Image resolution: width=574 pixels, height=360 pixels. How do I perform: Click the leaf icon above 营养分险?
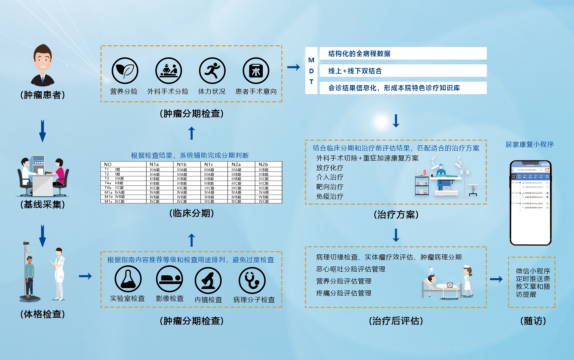click(x=125, y=71)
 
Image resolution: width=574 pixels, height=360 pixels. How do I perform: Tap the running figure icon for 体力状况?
click(x=212, y=71)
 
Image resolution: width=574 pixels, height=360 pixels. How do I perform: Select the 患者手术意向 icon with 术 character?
click(x=256, y=71)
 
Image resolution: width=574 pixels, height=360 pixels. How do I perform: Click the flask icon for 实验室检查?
click(x=128, y=279)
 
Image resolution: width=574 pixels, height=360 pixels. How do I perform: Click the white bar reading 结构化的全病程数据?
click(x=403, y=53)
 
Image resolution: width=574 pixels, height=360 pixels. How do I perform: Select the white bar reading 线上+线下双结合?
click(x=403, y=71)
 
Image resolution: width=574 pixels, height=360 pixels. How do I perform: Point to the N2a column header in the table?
click(x=236, y=164)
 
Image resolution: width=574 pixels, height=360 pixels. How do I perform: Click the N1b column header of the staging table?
click(x=182, y=164)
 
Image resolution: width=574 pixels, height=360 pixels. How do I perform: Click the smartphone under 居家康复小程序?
click(x=531, y=203)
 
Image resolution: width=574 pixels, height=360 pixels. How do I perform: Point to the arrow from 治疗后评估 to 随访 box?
click(x=496, y=279)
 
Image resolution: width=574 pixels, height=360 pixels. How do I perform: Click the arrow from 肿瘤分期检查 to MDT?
click(x=294, y=67)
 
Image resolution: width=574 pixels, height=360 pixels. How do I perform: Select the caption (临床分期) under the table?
click(x=191, y=213)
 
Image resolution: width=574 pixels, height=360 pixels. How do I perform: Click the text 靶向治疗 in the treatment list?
click(x=330, y=187)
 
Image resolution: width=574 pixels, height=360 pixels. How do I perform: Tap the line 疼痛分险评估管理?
click(x=344, y=293)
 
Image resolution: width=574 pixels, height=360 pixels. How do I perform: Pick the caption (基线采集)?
click(x=43, y=204)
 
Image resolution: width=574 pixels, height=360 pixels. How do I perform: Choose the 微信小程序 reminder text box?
click(x=532, y=282)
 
